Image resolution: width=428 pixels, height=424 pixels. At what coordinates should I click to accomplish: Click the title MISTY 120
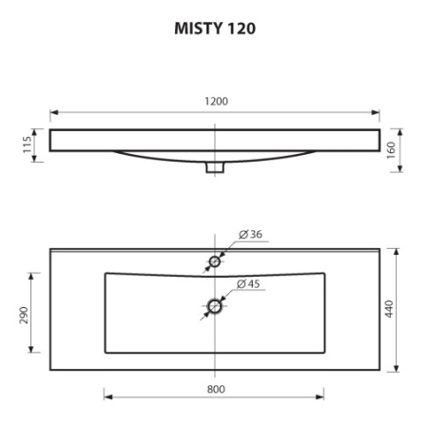pos(214,29)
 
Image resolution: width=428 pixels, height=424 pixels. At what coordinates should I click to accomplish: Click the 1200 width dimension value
pos(216,101)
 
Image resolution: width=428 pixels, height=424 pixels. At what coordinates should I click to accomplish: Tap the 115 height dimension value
pos(29,145)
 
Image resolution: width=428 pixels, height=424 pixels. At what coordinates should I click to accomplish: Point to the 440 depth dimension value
pos(390,311)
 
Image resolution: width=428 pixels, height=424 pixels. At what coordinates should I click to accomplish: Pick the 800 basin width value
pos(214,388)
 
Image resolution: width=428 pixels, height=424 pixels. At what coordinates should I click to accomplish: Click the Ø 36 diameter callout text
pos(250,234)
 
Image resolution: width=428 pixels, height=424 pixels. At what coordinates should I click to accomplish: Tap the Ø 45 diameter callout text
pos(250,283)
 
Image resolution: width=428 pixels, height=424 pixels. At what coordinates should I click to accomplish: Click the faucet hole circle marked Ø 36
pos(215,260)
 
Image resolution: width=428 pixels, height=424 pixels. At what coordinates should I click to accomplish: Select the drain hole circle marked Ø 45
pos(215,306)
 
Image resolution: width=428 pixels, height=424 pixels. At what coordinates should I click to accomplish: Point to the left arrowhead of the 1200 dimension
pos(54,112)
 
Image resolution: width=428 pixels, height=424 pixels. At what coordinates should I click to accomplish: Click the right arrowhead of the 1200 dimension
pos(376,112)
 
